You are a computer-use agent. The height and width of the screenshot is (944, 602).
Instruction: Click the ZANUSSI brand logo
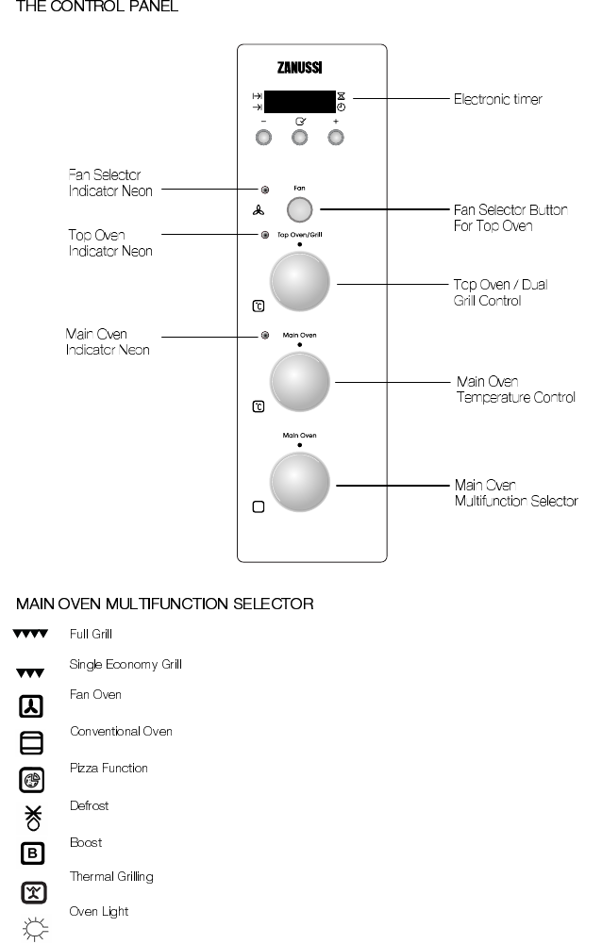(300, 68)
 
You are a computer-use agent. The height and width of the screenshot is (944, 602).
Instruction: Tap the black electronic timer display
(299, 102)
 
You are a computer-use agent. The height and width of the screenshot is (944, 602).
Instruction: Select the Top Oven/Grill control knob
(300, 280)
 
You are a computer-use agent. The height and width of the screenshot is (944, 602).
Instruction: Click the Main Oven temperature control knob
(300, 381)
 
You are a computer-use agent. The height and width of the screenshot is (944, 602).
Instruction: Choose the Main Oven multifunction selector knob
(300, 482)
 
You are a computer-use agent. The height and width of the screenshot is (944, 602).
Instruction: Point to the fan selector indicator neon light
(265, 189)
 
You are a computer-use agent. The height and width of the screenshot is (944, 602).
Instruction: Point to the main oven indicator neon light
(265, 335)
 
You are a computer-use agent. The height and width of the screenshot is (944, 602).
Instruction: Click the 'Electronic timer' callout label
(497, 98)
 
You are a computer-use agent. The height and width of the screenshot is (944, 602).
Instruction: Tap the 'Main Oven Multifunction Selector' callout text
(515, 492)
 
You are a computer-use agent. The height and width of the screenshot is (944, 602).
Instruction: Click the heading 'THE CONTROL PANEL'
(91, 8)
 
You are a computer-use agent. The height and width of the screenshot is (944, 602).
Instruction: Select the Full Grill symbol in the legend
(30, 635)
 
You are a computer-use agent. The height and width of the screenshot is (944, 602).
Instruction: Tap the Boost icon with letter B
(30, 854)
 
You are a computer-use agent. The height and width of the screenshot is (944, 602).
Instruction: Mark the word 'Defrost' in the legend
(89, 806)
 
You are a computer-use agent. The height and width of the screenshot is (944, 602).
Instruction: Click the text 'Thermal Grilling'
(111, 877)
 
